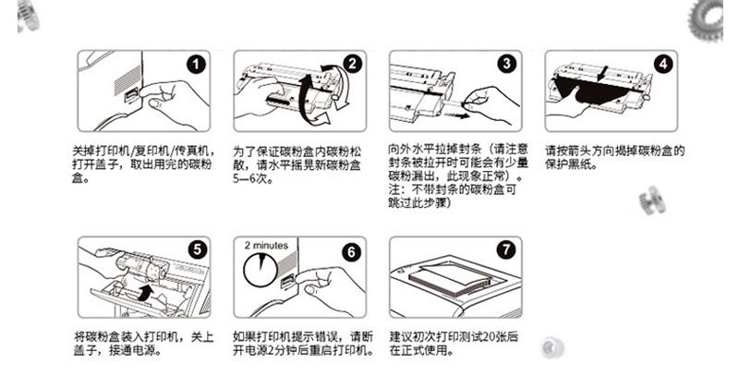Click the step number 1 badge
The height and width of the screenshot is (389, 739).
196,64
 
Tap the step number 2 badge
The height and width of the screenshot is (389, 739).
352,64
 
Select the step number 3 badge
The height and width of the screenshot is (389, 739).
506,63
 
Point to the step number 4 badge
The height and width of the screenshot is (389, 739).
663,64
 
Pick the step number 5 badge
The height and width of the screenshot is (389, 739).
197,249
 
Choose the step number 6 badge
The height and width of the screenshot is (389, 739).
351,252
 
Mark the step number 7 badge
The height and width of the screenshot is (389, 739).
506,249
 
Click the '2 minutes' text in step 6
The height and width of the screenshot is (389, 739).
266,245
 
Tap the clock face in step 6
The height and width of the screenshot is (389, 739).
260,269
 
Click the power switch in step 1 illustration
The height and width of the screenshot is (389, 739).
131,95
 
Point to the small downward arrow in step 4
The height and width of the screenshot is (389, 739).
602,74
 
